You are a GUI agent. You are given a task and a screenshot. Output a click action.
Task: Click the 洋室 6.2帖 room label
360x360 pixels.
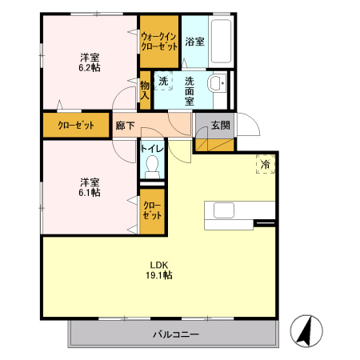[89, 63]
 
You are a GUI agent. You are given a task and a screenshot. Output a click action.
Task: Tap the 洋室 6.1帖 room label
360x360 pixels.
[89, 186]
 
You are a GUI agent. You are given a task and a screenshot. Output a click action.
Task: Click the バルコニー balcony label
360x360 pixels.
[176, 334]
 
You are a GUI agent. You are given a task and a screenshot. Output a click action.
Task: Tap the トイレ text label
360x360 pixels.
[152, 148]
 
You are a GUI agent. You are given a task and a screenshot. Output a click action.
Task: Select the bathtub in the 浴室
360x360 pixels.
[222, 41]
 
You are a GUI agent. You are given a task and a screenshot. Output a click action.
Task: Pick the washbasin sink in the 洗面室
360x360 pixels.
[216, 86]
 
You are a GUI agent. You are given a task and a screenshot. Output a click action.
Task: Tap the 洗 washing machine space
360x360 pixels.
[163, 81]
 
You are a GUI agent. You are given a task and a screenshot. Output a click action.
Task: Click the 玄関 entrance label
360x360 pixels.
[221, 125]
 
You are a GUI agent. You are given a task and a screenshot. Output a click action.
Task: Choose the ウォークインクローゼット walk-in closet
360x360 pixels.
[158, 42]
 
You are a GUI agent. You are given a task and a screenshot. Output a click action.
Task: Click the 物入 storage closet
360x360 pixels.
[145, 89]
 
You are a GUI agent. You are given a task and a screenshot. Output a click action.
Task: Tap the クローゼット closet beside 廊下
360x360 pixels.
[77, 126]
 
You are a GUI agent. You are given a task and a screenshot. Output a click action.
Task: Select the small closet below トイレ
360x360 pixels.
[152, 210]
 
